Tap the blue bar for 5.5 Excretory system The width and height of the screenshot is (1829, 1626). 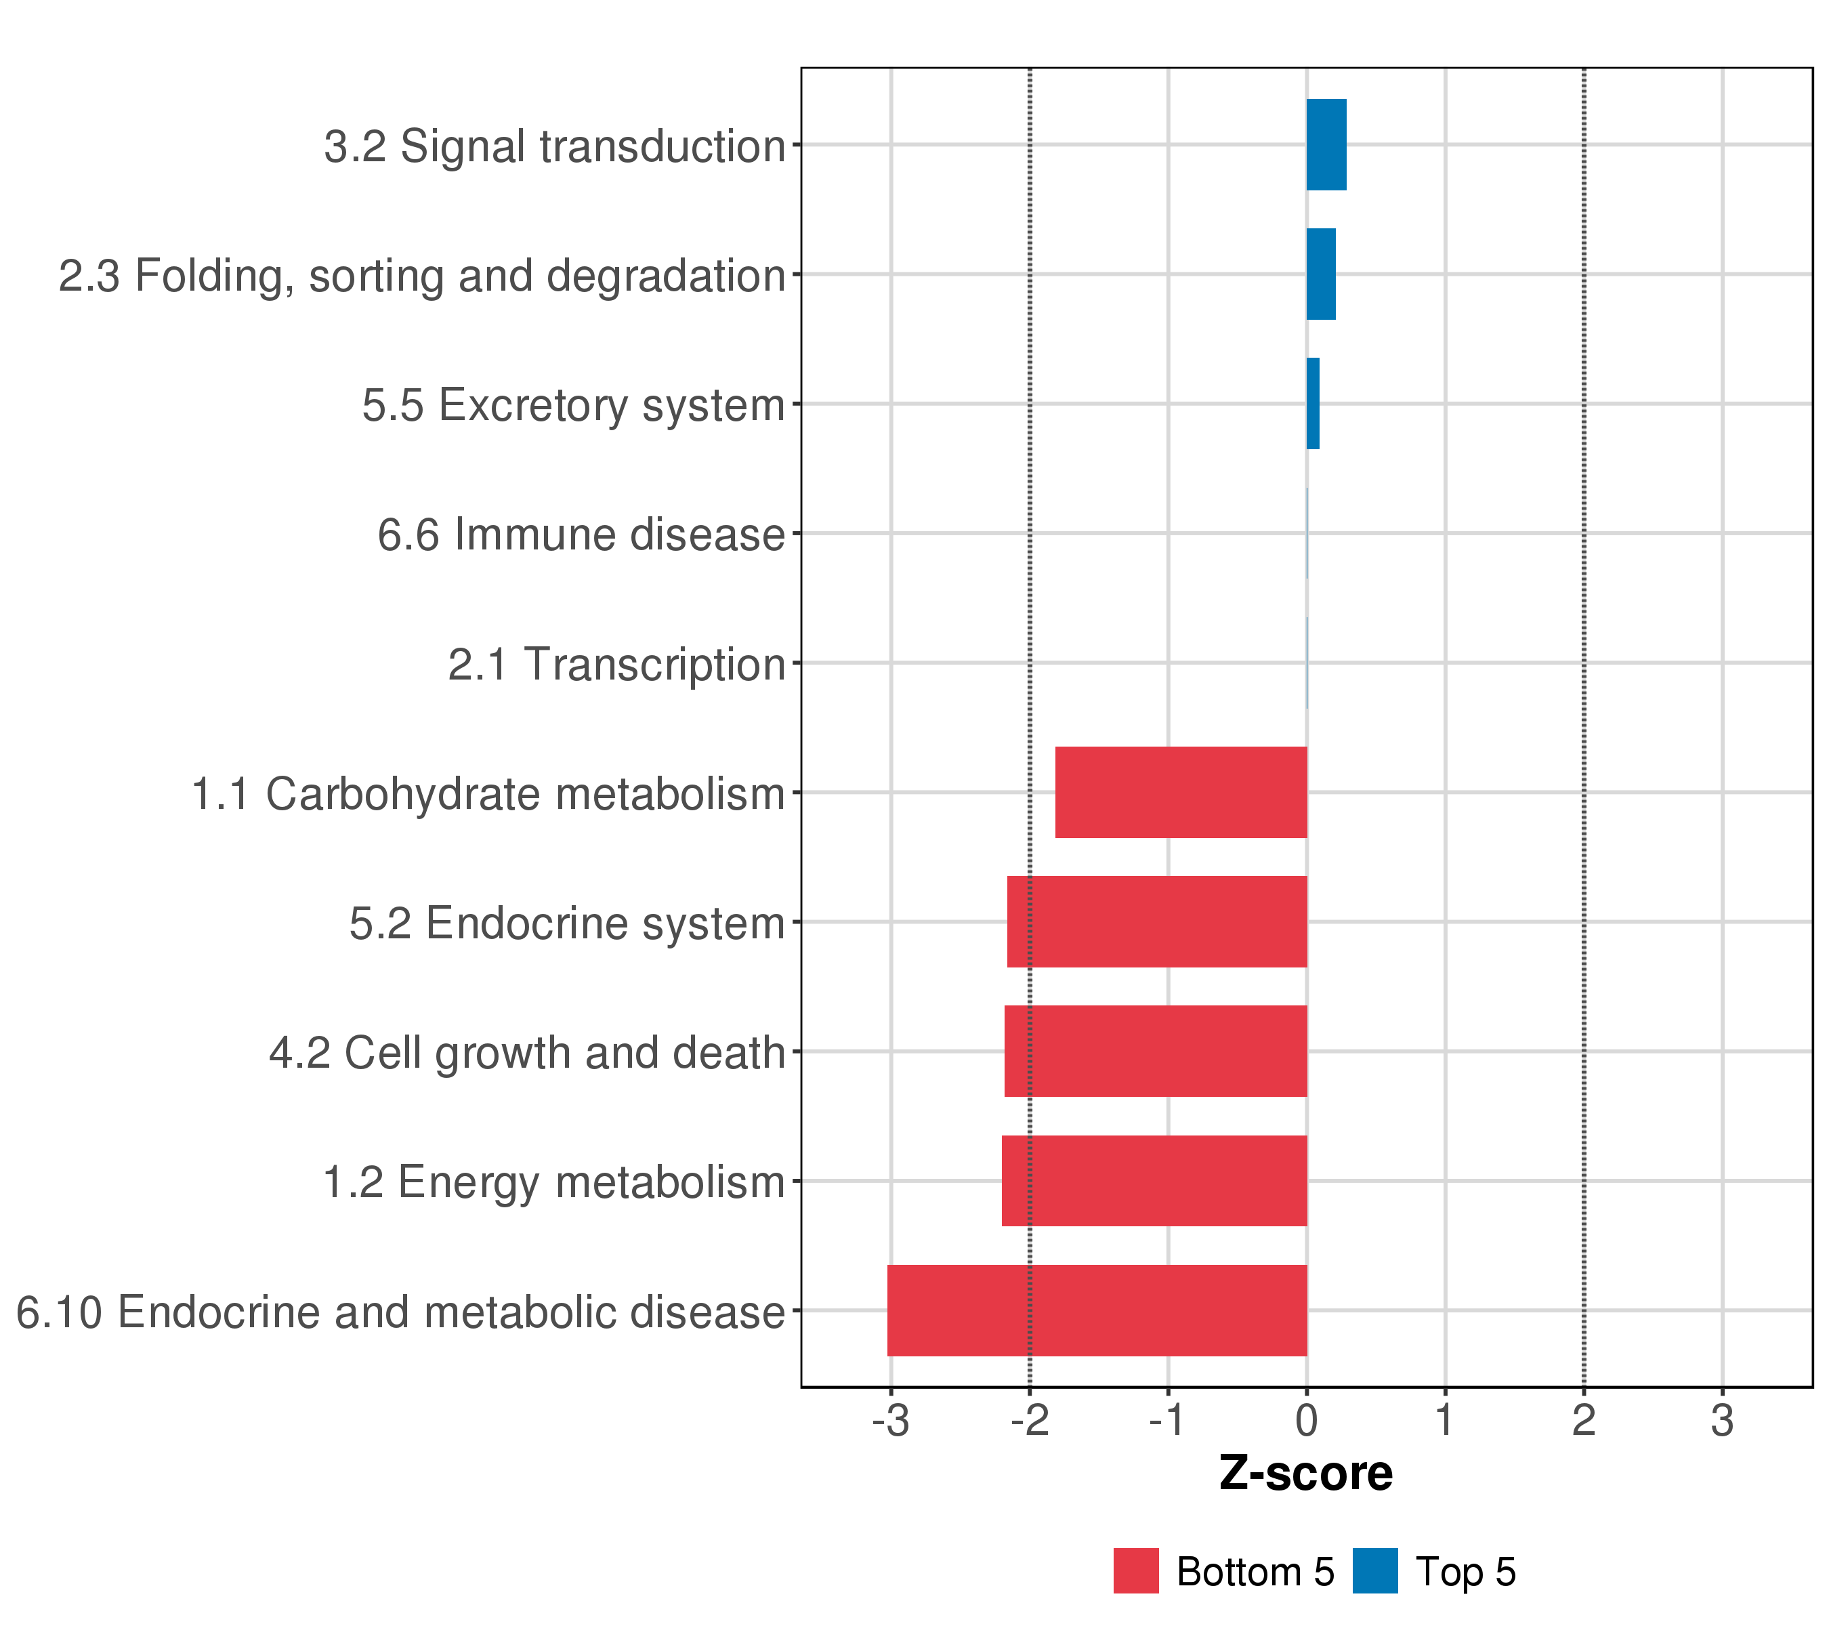tap(1313, 404)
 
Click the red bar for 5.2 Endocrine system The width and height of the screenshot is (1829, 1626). tap(1156, 921)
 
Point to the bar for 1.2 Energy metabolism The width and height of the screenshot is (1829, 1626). tap(1154, 1180)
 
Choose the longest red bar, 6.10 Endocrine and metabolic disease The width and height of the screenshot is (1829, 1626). tap(1096, 1310)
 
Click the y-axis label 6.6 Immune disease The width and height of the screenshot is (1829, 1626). tap(581, 535)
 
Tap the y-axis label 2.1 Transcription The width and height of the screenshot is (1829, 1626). tap(616, 665)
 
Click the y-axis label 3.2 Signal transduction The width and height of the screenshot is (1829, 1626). tap(555, 147)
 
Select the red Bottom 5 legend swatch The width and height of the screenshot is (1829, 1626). tap(1135, 1570)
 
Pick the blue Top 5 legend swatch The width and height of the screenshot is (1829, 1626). tap(1374, 1570)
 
